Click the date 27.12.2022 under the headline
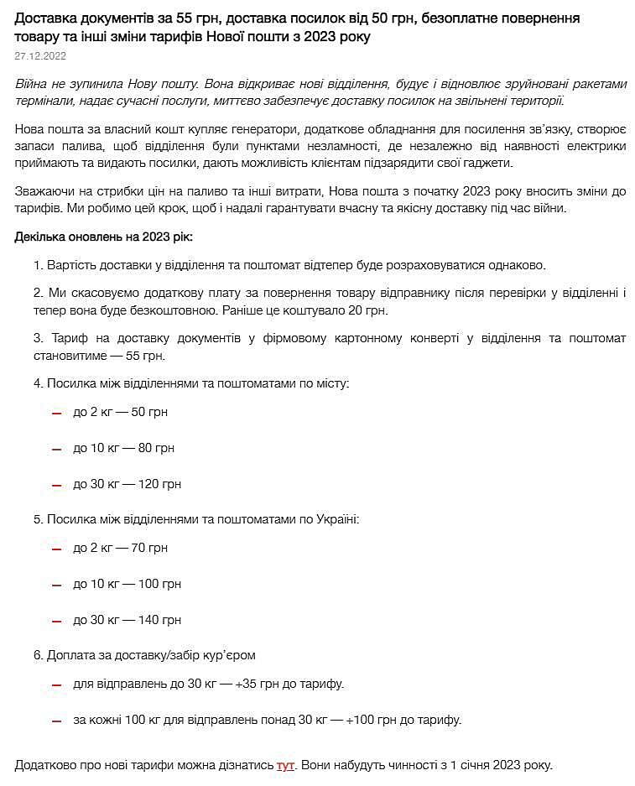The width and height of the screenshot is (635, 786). (x=40, y=56)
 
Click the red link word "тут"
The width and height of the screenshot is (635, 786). (x=285, y=765)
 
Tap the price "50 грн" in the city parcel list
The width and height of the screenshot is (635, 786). (x=150, y=412)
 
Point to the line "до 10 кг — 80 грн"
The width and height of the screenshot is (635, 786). (x=123, y=448)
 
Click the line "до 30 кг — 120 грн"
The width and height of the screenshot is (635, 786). (x=127, y=484)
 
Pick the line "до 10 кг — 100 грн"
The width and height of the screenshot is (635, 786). (x=127, y=584)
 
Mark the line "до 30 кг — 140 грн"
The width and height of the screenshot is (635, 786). (x=127, y=620)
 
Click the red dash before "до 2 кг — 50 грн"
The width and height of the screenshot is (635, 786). (x=56, y=414)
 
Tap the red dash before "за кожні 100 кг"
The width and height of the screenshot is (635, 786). (x=56, y=721)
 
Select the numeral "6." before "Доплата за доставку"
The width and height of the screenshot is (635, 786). (x=39, y=654)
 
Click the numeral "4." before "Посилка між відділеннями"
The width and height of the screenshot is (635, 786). (x=39, y=383)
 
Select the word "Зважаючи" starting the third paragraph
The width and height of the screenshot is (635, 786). (x=44, y=191)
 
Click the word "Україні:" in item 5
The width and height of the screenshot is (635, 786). (x=336, y=519)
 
